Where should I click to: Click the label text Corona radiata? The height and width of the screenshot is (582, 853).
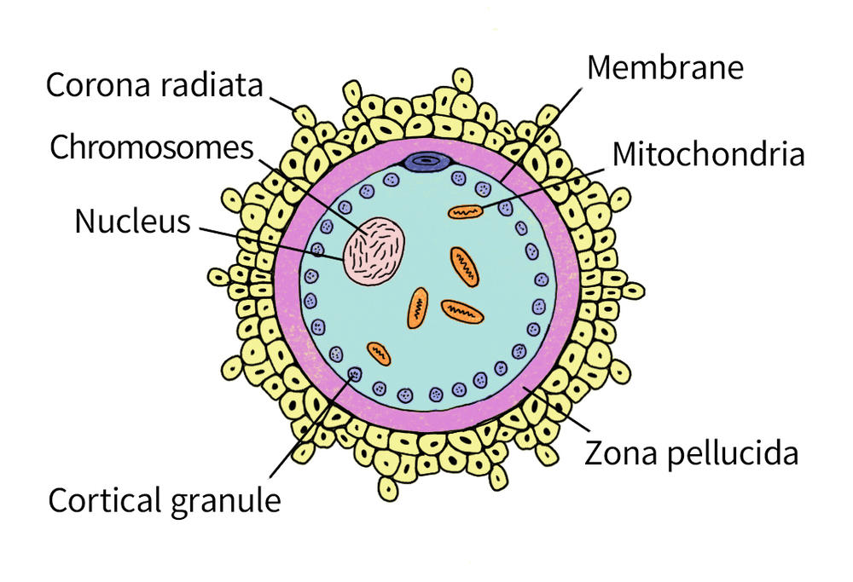[x=154, y=85]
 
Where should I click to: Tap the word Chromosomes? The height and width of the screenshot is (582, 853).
[x=152, y=147]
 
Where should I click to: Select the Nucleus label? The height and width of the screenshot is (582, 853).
[x=133, y=222]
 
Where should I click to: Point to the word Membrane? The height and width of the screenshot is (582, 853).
[x=665, y=67]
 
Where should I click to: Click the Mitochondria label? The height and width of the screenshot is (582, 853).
[x=708, y=153]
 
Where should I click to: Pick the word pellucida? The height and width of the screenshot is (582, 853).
[x=733, y=452]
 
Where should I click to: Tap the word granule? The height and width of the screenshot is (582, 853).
[x=226, y=501]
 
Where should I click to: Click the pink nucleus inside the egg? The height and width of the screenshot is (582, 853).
[x=374, y=251]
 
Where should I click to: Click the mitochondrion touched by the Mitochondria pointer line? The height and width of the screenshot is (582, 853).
[x=466, y=211]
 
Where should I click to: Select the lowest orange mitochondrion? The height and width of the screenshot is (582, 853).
[x=379, y=354]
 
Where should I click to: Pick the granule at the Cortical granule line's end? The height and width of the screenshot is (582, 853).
[x=355, y=374]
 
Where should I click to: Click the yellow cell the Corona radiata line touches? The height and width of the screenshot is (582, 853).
[x=305, y=116]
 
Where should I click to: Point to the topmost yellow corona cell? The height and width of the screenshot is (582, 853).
[x=462, y=80]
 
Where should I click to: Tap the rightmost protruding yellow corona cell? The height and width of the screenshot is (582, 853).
[x=633, y=291]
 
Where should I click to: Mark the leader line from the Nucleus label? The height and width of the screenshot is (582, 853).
[x=271, y=244]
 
